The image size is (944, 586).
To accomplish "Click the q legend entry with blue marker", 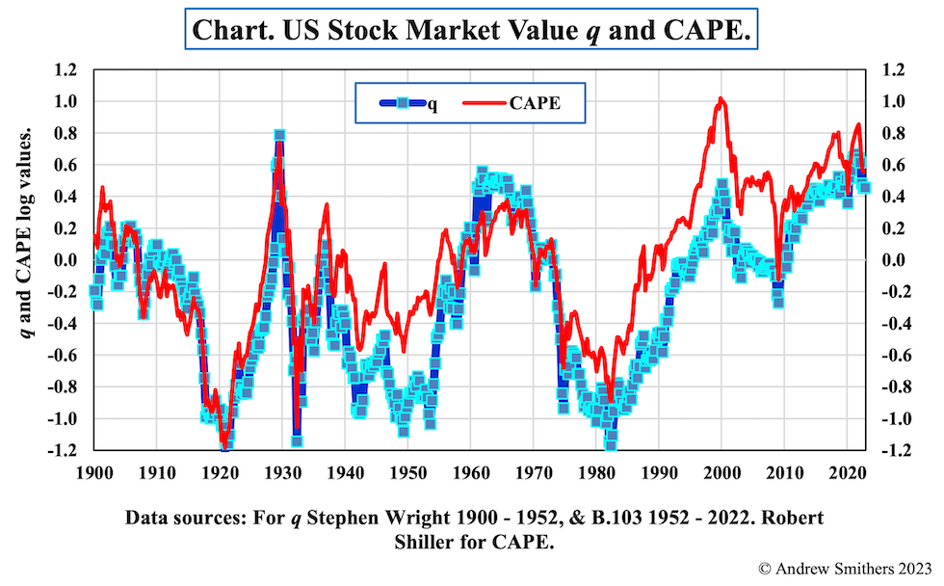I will (x=400, y=103).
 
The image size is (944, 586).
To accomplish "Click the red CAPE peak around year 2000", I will (x=721, y=99).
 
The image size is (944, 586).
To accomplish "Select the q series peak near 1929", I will (x=278, y=136).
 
